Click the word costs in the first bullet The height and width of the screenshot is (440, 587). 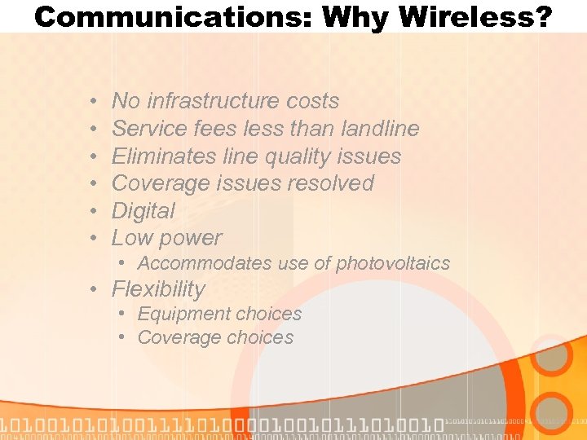point(313,101)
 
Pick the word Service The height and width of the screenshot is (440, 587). point(146,129)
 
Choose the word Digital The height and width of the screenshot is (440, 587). point(143,211)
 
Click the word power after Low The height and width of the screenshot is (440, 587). point(192,239)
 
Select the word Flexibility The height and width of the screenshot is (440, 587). point(158,289)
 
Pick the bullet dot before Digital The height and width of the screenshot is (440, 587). point(95,211)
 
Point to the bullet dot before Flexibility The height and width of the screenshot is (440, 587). point(95,289)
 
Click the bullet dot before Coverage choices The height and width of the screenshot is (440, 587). point(121,337)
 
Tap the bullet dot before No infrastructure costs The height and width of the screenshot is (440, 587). point(95,101)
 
